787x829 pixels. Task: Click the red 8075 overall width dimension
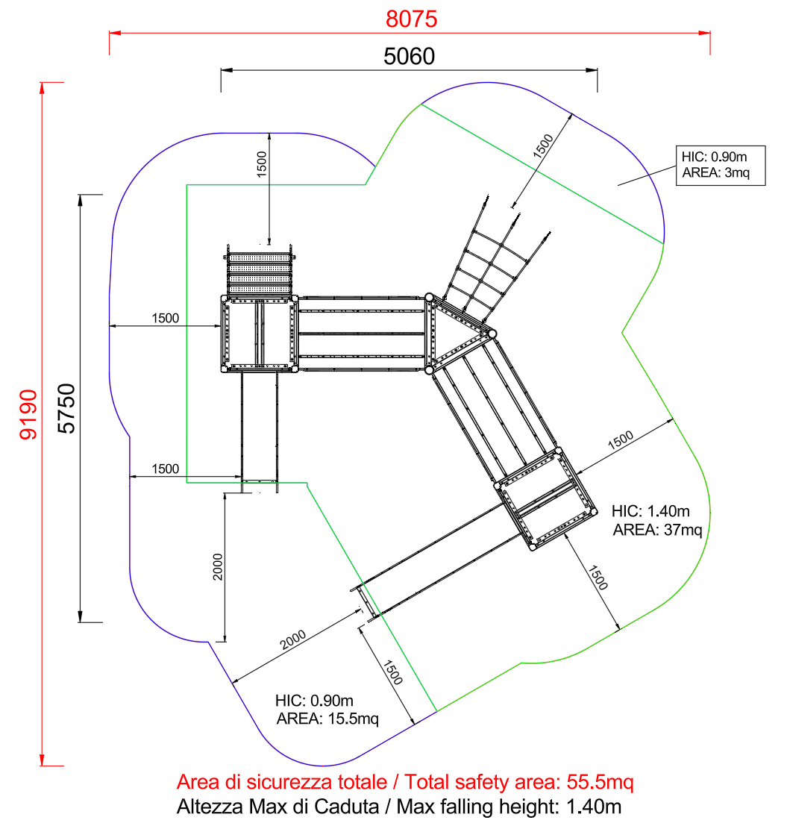pyautogui.click(x=410, y=19)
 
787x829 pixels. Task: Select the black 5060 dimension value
pyautogui.click(x=408, y=57)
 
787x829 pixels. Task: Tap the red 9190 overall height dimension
pyautogui.click(x=28, y=414)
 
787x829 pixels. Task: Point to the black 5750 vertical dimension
pyautogui.click(x=67, y=407)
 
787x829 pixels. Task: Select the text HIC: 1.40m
pyautogui.click(x=650, y=511)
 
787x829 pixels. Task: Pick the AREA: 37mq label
pyautogui.click(x=657, y=531)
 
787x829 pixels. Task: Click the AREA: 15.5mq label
pyautogui.click(x=327, y=719)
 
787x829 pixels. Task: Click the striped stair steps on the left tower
pyautogui.click(x=260, y=273)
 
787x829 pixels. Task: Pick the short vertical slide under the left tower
pyautogui.click(x=259, y=425)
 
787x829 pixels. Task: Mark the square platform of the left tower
pyautogui.click(x=259, y=334)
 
